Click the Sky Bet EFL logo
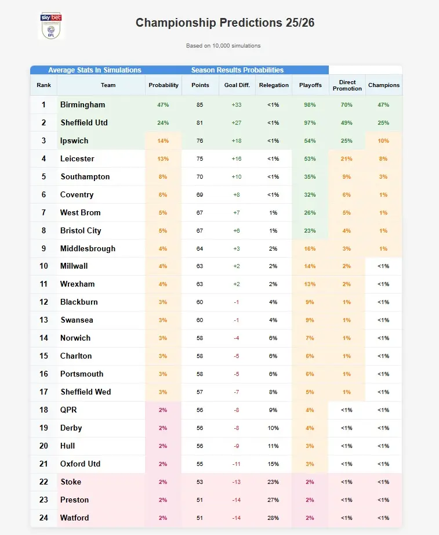click(x=51, y=26)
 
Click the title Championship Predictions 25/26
click(x=225, y=23)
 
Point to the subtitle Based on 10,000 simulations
click(x=223, y=46)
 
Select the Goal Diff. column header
click(x=237, y=85)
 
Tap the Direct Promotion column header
click(x=347, y=85)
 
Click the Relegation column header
click(x=274, y=85)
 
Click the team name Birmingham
click(x=83, y=105)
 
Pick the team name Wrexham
click(x=78, y=284)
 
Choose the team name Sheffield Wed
click(x=86, y=392)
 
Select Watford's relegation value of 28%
click(x=273, y=518)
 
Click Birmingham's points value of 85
click(x=199, y=105)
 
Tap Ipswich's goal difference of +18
click(x=237, y=141)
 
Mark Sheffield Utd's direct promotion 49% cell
click(x=347, y=123)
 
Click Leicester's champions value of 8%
click(x=383, y=159)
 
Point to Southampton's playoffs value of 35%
click(x=310, y=177)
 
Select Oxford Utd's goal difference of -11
click(x=237, y=464)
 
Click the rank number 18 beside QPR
click(x=43, y=410)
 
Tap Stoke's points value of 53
click(x=199, y=482)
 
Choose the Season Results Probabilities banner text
click(x=237, y=70)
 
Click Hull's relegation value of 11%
click(x=273, y=446)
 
